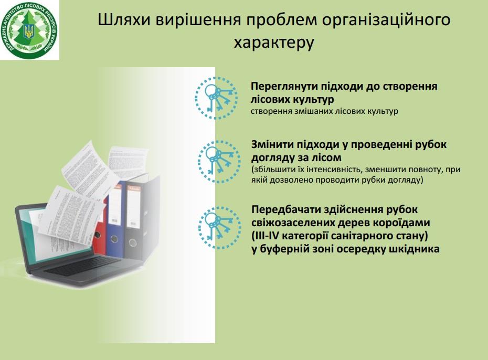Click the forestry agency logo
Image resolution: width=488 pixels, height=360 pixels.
(x=30, y=30)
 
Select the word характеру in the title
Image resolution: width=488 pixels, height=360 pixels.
(x=274, y=43)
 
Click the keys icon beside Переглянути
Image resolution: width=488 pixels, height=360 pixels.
(x=217, y=98)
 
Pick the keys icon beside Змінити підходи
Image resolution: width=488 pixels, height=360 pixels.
(x=219, y=162)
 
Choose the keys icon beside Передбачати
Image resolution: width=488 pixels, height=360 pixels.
(x=220, y=227)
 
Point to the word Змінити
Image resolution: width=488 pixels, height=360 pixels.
(x=271, y=144)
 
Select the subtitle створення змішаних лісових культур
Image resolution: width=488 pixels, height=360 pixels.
(x=324, y=111)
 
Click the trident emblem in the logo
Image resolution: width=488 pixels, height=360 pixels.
(x=29, y=31)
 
